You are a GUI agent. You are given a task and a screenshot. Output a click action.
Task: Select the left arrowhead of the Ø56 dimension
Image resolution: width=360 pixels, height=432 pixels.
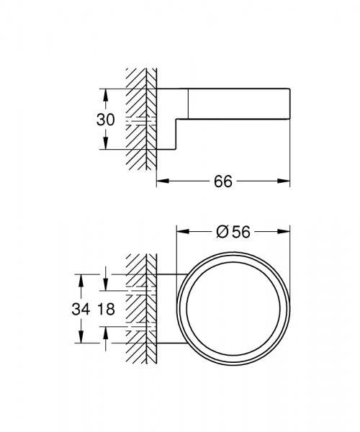tap(181, 231)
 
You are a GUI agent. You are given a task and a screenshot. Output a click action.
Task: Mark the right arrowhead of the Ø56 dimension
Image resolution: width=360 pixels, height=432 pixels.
tap(286, 231)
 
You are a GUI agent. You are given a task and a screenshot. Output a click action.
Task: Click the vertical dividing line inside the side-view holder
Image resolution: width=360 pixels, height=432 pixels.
tap(189, 102)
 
